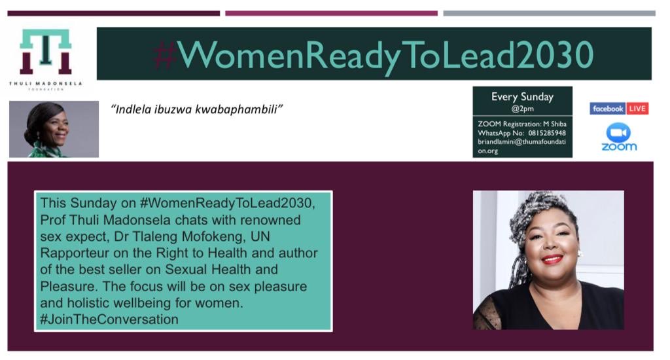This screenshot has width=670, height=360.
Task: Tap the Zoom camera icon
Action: pos(618,132)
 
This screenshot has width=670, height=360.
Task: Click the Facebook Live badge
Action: pos(618,109)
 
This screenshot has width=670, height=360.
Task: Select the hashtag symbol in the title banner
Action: pos(166,54)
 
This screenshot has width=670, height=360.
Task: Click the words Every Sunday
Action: pos(522,97)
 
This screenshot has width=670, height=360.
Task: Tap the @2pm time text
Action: pos(522,109)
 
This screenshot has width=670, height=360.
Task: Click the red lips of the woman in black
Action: pos(552,260)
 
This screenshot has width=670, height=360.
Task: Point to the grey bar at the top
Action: pos(549,13)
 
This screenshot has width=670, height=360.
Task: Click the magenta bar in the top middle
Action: pos(331,13)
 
